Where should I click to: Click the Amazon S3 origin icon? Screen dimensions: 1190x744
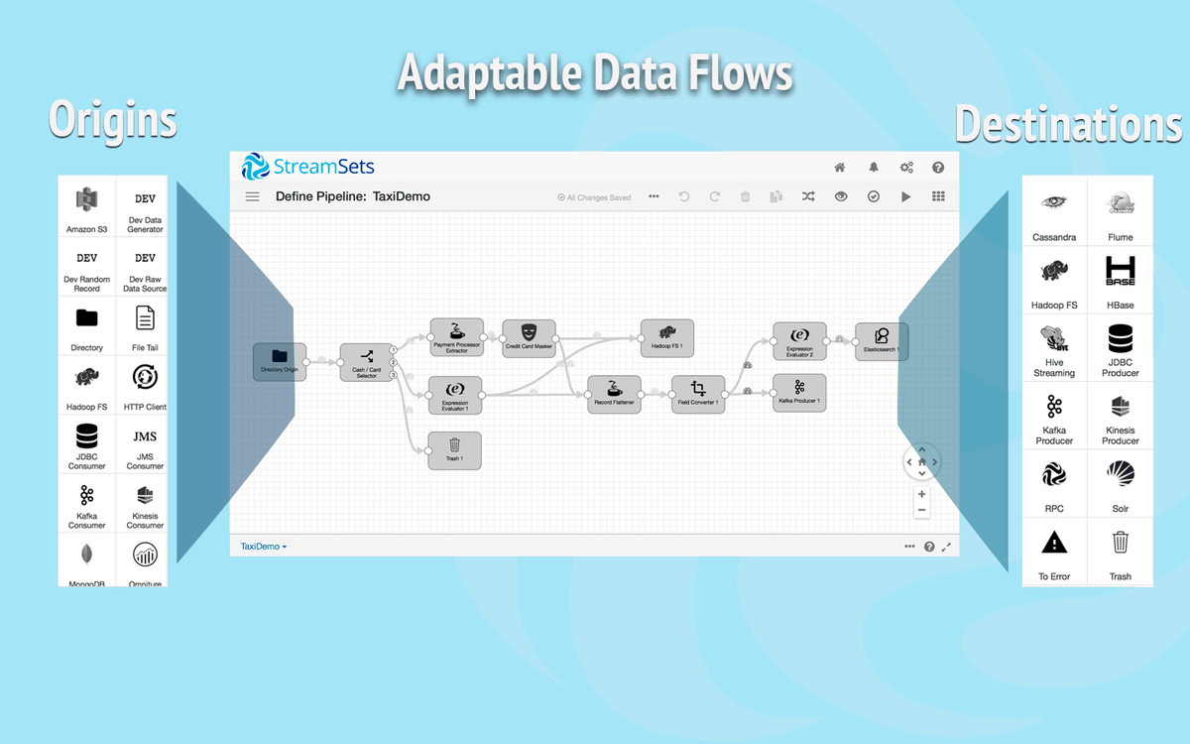86,200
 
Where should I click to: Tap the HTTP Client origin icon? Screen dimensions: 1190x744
145,377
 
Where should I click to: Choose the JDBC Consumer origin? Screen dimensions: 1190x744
86,435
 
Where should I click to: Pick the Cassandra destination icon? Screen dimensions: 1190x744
1053,202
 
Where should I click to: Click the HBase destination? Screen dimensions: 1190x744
1120,270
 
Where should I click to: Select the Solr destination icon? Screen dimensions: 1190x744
1120,474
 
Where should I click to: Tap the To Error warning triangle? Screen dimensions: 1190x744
1053,542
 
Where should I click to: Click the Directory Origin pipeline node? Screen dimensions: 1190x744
279,360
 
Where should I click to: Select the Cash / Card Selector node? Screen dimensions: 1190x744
366,362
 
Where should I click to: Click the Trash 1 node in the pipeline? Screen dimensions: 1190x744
454,449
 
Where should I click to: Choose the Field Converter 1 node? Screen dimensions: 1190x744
698,394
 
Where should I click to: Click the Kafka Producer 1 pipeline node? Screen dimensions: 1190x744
798,392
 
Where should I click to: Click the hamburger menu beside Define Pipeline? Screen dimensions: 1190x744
253,197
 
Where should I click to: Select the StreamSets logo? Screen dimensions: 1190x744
308,167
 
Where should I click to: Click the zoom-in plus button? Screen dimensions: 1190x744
922,494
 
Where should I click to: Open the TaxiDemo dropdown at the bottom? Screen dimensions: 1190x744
264,547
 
